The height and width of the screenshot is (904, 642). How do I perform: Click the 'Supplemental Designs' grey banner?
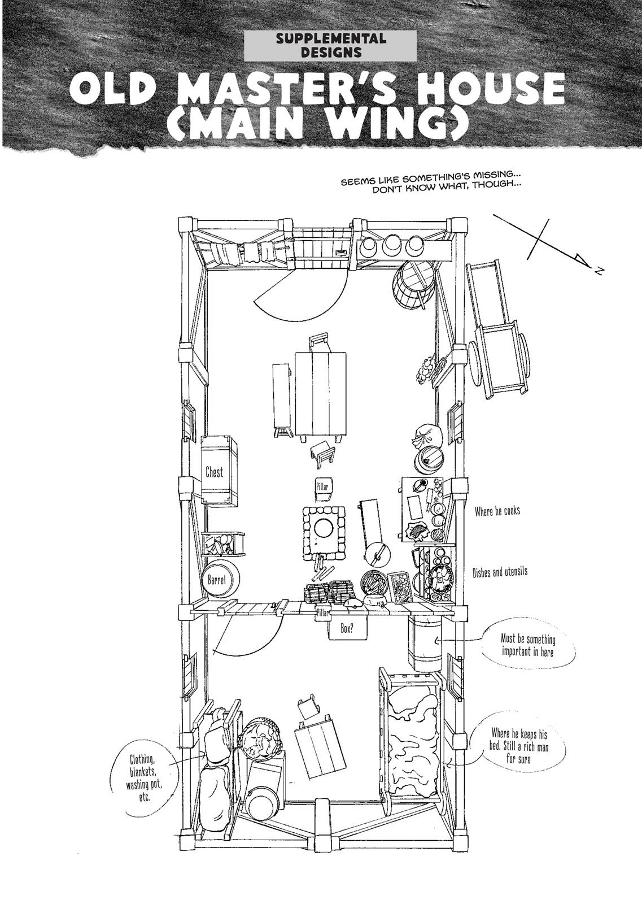coord(331,46)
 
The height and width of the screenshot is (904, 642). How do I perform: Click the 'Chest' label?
coord(215,472)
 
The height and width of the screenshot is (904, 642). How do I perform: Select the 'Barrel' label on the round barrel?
coord(216,580)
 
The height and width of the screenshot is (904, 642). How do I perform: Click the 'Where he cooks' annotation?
coord(497,511)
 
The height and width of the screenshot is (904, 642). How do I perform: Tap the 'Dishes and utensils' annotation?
coord(500,572)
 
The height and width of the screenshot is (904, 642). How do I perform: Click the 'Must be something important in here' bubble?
coord(527,645)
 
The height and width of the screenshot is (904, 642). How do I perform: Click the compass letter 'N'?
coord(598,272)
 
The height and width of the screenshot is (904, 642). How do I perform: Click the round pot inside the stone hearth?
coord(324,528)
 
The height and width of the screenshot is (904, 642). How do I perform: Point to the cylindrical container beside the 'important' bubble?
coord(425,643)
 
